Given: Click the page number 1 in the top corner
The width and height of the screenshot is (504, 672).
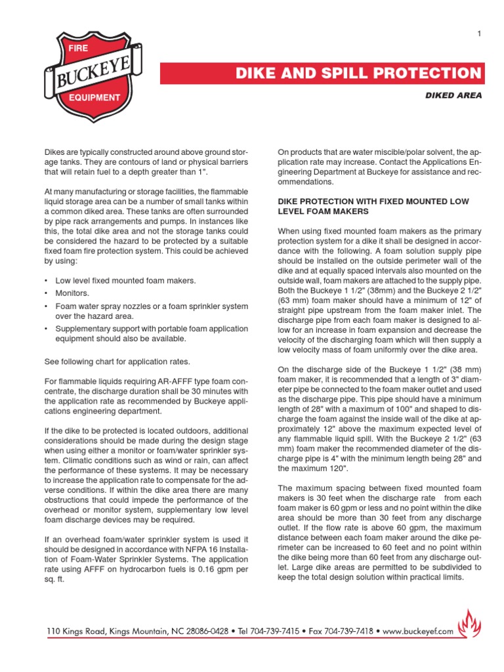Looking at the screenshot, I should pos(480,34).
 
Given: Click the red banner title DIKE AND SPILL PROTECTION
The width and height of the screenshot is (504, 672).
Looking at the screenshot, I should pos(359,73).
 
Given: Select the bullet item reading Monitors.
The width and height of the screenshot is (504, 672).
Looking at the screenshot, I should pos(73,293).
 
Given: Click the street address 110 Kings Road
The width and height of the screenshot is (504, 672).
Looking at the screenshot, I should pos(79,631).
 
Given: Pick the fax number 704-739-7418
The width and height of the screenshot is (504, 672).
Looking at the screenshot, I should pos(359,631).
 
